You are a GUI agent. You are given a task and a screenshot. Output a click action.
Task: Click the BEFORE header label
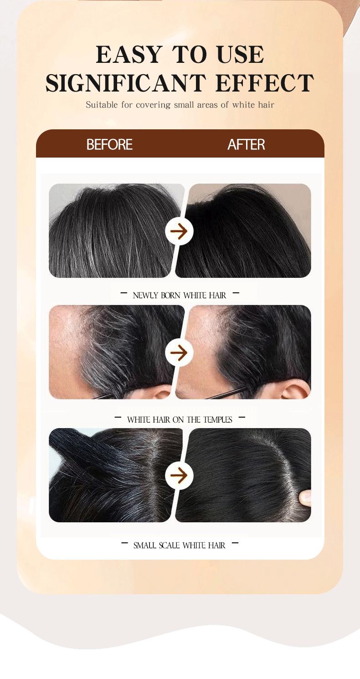pyautogui.click(x=109, y=144)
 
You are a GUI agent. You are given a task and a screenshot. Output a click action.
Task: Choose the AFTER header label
pyautogui.click(x=246, y=144)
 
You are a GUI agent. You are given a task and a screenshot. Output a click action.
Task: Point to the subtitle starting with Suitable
pyautogui.click(x=180, y=105)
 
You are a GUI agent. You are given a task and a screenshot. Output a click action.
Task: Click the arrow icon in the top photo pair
pyautogui.click(x=179, y=231)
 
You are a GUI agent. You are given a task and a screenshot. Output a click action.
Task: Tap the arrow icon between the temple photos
pyautogui.click(x=179, y=352)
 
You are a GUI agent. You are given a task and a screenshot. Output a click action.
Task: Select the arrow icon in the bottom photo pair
pyautogui.click(x=179, y=475)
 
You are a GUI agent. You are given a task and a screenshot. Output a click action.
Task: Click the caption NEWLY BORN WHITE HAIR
pyautogui.click(x=180, y=295)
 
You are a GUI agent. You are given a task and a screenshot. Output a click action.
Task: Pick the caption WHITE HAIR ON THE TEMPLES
pyautogui.click(x=180, y=419)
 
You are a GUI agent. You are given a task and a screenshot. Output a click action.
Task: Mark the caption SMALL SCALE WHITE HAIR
pyautogui.click(x=180, y=545)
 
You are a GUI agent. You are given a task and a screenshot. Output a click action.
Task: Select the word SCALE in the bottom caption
pyautogui.click(x=169, y=545)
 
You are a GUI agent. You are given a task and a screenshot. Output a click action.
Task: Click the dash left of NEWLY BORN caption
pyautogui.click(x=123, y=293)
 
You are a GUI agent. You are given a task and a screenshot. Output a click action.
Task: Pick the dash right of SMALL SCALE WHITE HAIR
pyautogui.click(x=235, y=543)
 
